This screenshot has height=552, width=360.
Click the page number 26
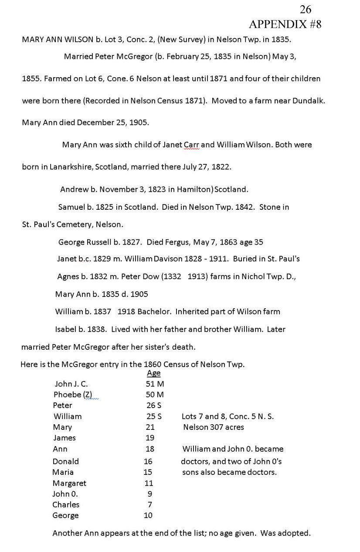pos(306,10)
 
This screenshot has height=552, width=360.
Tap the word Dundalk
pos(309,101)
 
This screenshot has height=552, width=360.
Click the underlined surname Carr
pos(190,144)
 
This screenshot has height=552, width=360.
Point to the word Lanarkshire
pos(66,167)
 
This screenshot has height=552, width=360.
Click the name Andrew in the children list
pos(72,190)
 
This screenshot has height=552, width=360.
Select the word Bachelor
pos(147,311)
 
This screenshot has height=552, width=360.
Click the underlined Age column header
pos(153,373)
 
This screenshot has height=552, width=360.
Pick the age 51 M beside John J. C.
pos(155,384)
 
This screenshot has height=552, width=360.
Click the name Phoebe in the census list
pos(67,395)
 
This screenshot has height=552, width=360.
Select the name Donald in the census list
pos(65,461)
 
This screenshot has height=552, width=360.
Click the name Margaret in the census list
pos(69,483)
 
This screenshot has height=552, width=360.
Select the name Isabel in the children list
pos(65,329)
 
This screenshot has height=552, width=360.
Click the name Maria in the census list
pos(63,472)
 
